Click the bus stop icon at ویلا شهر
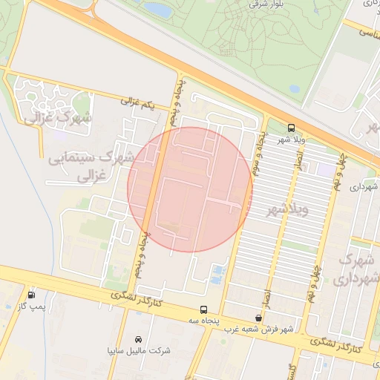coord(292,127)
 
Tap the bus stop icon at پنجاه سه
coord(203,309)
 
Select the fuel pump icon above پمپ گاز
coord(30,295)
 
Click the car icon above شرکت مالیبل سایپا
coord(137,338)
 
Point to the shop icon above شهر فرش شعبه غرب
coord(258,318)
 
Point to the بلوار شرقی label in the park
coord(248,4)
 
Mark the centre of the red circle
coord(190,189)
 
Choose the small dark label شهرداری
coord(364,188)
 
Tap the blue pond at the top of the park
coord(156,9)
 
